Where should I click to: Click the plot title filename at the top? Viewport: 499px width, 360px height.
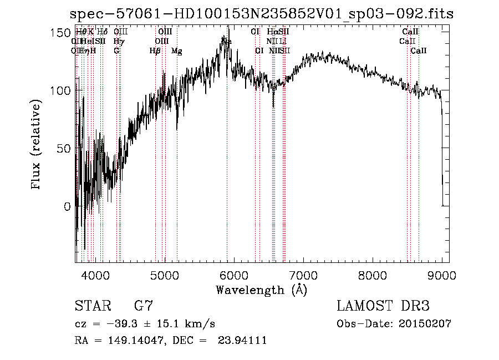pos(263,14)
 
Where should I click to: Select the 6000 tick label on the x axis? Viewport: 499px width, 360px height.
pos(233,275)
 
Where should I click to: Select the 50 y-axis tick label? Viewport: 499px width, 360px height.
pos(64,149)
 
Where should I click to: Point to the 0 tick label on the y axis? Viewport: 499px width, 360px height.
pos(67,206)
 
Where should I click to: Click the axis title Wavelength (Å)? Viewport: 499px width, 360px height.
pos(261,290)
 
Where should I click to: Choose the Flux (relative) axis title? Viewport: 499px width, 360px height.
pos(37,145)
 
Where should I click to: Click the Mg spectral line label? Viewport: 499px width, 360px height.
pos(176,51)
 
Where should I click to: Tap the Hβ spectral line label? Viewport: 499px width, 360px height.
pos(155,51)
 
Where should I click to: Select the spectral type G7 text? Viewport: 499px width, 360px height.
pos(144,306)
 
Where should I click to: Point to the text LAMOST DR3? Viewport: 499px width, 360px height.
pos(383,306)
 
